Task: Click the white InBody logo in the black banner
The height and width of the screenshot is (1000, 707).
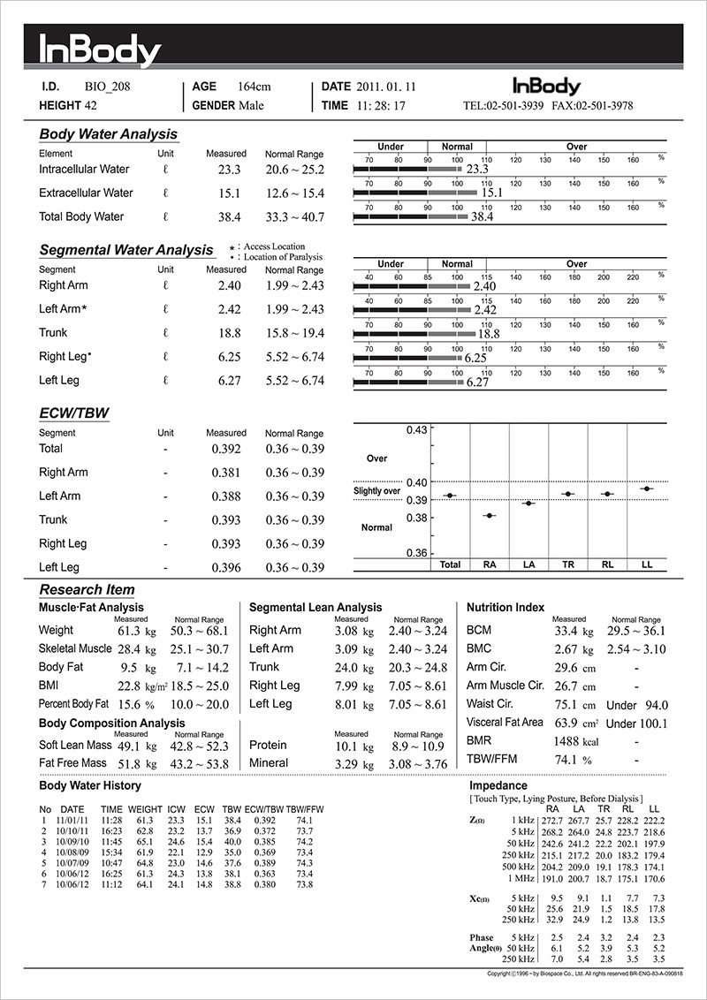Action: [x=100, y=50]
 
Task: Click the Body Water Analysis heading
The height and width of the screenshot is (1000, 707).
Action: [x=109, y=134]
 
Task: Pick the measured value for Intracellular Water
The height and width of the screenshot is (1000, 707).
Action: [x=230, y=170]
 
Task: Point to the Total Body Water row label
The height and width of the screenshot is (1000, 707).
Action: [x=82, y=216]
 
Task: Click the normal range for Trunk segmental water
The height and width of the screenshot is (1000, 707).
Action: [x=294, y=333]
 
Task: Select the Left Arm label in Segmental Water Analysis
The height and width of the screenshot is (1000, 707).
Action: [x=65, y=309]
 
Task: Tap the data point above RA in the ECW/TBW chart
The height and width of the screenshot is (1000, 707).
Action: [x=489, y=515]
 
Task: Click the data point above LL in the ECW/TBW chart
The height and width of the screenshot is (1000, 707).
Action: [x=647, y=489]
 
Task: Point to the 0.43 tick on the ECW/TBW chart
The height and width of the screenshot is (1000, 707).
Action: [x=416, y=430]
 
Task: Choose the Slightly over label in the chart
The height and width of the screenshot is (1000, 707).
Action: [x=377, y=491]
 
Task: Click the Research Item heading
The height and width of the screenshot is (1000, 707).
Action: [x=87, y=589]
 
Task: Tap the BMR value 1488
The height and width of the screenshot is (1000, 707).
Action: [x=569, y=741]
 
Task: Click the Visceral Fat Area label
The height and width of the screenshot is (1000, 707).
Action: [x=505, y=723]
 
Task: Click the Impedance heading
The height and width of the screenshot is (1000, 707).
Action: [x=498, y=784]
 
